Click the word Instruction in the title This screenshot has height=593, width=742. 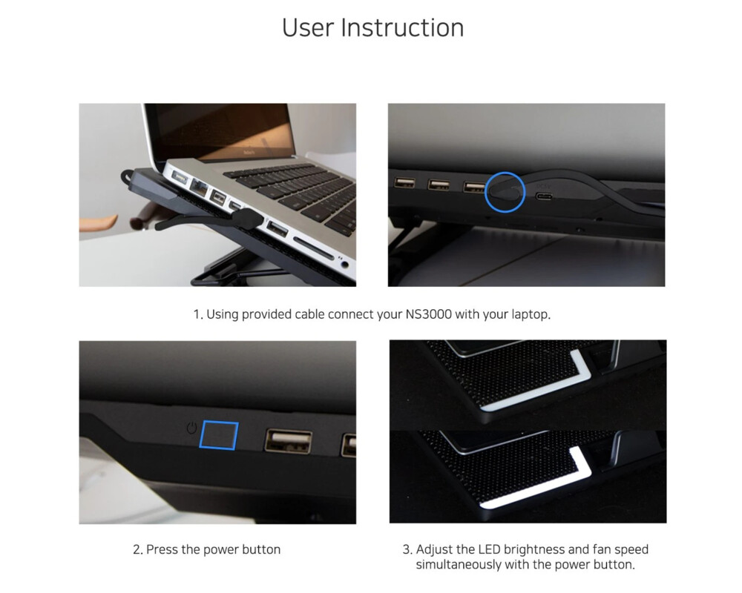pyautogui.click(x=402, y=27)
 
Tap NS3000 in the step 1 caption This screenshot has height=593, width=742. pyautogui.click(x=428, y=314)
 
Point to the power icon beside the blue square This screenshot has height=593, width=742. pyautogui.click(x=191, y=428)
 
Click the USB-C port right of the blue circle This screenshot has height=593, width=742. pyautogui.click(x=544, y=196)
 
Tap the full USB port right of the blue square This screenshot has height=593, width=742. pyautogui.click(x=288, y=441)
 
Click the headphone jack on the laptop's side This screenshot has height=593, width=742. pyautogui.click(x=345, y=265)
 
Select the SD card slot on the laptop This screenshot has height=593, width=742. pyautogui.click(x=313, y=248)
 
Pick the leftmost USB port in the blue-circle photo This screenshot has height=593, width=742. pyautogui.click(x=404, y=182)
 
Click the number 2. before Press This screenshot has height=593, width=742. pyautogui.click(x=138, y=550)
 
